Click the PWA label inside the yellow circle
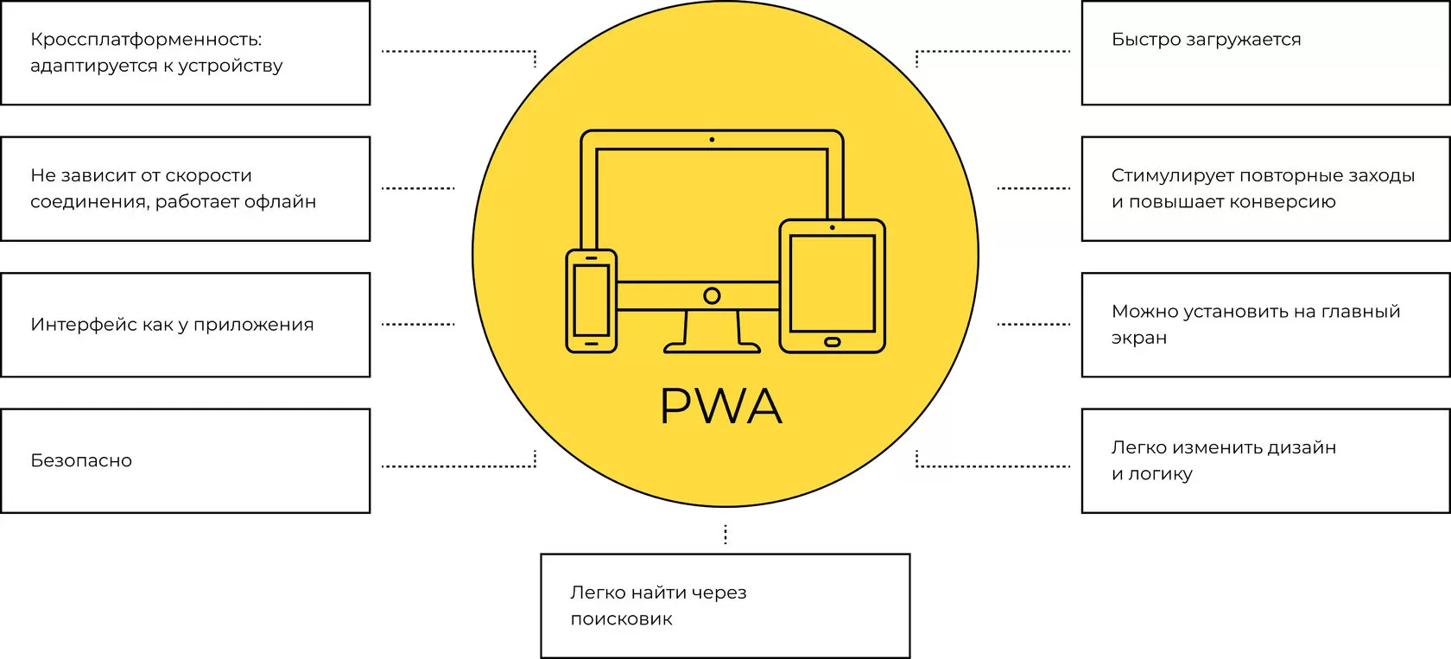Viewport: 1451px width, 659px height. pos(721,406)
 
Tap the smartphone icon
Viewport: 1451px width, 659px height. pos(592,301)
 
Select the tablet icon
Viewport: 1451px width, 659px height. pos(833,286)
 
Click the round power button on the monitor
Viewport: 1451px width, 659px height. pos(712,296)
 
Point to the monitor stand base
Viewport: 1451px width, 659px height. pos(713,348)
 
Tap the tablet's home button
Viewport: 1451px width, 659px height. pos(833,342)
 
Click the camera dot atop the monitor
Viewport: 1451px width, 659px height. pos(712,140)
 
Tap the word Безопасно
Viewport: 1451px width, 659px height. pos(81,461)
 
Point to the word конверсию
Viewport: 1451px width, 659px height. pos(1289,202)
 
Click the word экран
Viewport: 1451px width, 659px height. pos(1138,339)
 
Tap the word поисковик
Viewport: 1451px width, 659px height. pos(621,619)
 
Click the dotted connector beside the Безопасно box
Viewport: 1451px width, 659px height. pos(458,466)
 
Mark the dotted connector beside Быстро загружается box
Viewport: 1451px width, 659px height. pos(993,52)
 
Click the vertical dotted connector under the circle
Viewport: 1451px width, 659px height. pos(725,535)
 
